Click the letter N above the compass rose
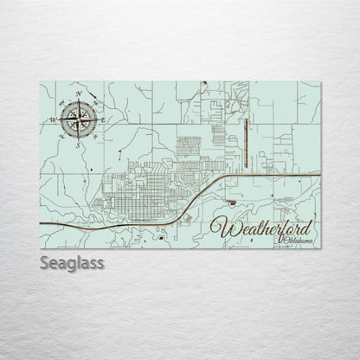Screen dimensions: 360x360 (x=79, y=93)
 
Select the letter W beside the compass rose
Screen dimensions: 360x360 (x=52, y=119)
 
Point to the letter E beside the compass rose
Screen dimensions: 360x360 (x=104, y=118)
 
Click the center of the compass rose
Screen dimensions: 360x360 (x=78, y=119)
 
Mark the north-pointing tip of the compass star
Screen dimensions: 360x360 (x=79, y=100)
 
